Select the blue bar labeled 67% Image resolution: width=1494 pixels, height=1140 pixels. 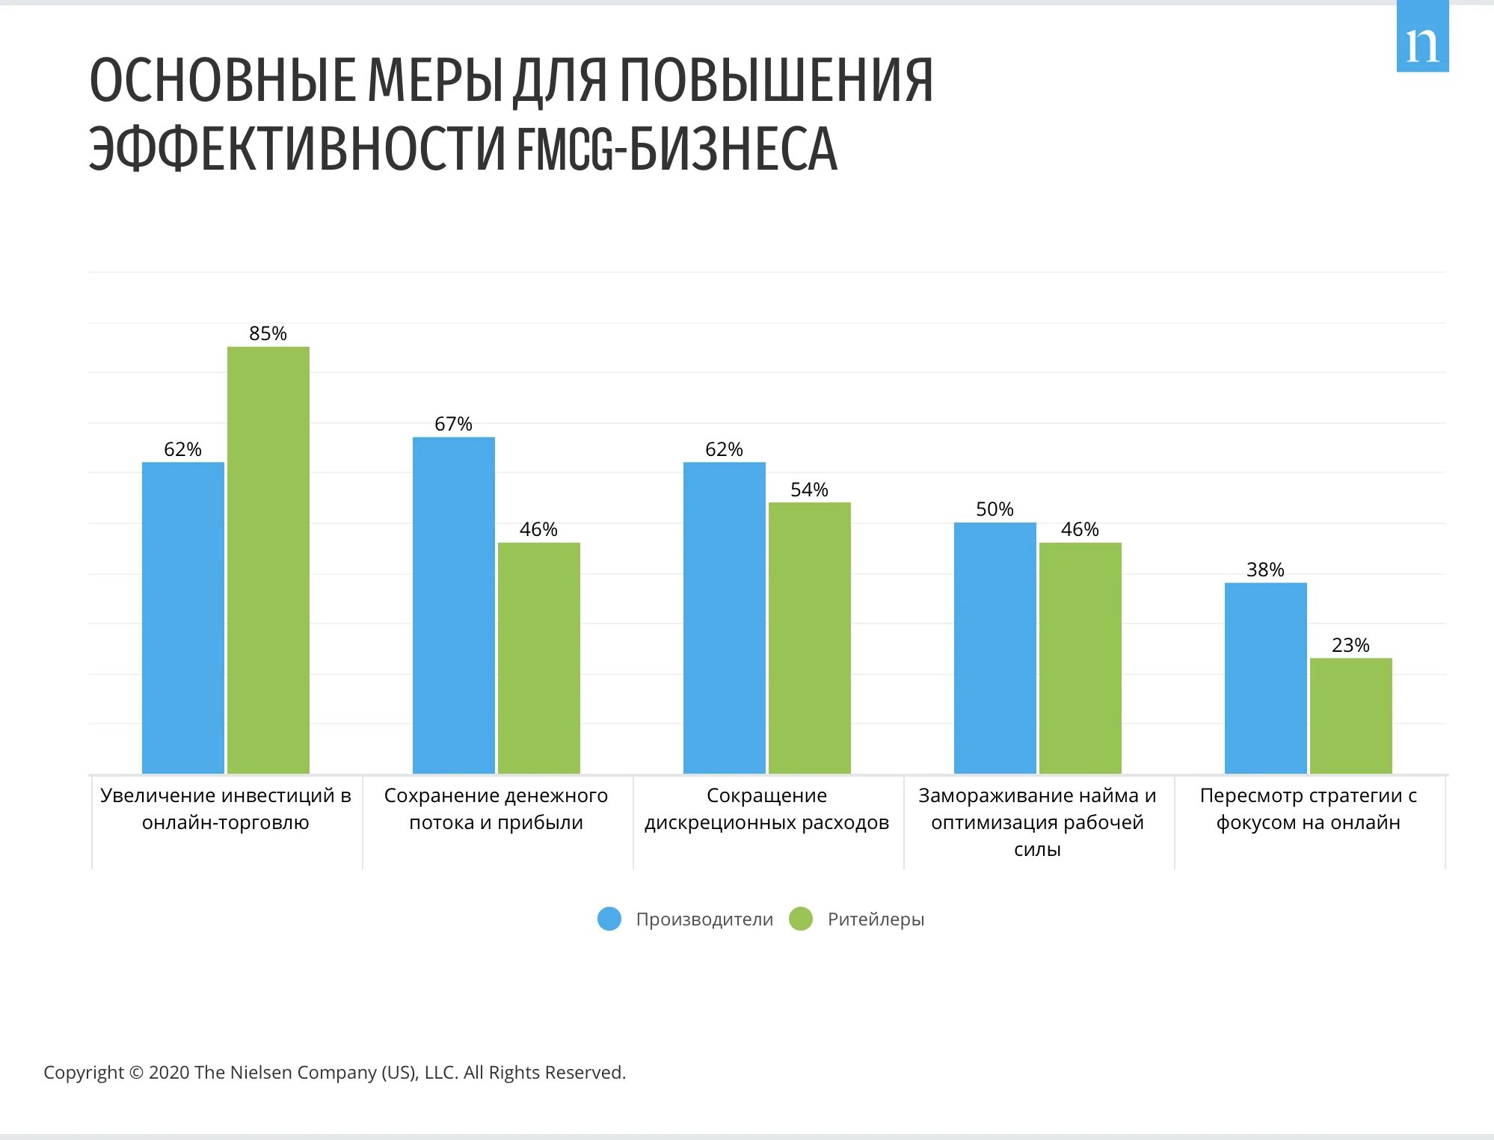click(453, 605)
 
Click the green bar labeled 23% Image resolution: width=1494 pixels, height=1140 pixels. click(1350, 715)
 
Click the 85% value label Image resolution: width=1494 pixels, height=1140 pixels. click(268, 333)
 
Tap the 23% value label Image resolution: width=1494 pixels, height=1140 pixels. click(1350, 645)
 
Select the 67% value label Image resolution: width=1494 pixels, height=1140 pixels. click(453, 424)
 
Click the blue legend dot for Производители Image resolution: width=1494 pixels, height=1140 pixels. click(609, 919)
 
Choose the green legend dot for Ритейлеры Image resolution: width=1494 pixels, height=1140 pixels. click(801, 919)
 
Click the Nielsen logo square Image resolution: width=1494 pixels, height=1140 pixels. click(1422, 37)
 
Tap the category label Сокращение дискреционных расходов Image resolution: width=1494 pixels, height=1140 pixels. click(766, 809)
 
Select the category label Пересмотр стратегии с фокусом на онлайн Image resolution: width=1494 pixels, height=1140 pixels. click(1308, 809)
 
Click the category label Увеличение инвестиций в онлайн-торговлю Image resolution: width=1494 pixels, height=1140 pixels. click(226, 809)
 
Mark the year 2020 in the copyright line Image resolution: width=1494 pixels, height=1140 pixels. click(170, 1073)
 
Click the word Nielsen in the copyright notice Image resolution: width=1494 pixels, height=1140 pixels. click(261, 1073)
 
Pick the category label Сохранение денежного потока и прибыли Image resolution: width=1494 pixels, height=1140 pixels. click(496, 809)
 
